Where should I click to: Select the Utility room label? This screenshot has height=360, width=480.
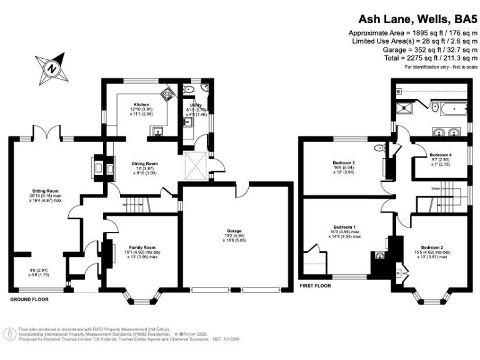[194, 107]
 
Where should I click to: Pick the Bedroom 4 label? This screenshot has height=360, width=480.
[441, 154]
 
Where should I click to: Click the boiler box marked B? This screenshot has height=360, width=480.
[398, 92]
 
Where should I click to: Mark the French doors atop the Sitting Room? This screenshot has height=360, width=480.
[47, 133]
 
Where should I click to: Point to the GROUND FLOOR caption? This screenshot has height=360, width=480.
[29, 299]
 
